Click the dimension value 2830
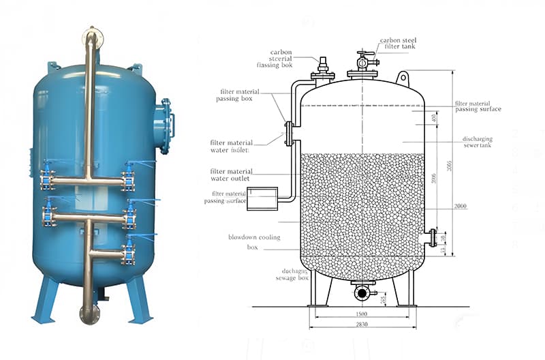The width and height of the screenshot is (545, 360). [362, 325]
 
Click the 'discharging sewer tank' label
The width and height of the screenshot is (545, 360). [477, 142]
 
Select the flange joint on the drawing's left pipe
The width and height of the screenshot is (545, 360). [289, 132]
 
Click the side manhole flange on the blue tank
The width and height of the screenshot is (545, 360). [166, 125]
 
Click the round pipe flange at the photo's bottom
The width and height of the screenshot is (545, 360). [89, 314]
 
